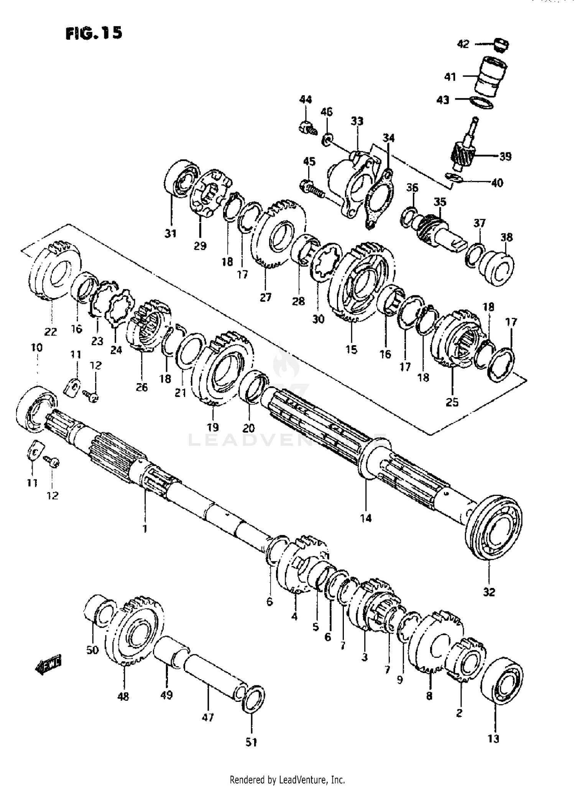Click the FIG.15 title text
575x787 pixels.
94,33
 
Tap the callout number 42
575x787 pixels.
463,44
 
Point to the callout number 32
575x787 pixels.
489,592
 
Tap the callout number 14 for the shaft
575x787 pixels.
366,518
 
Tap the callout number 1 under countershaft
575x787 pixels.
145,529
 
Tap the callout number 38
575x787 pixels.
506,237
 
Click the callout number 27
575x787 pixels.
265,297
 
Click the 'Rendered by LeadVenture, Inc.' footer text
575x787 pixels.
287,780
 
